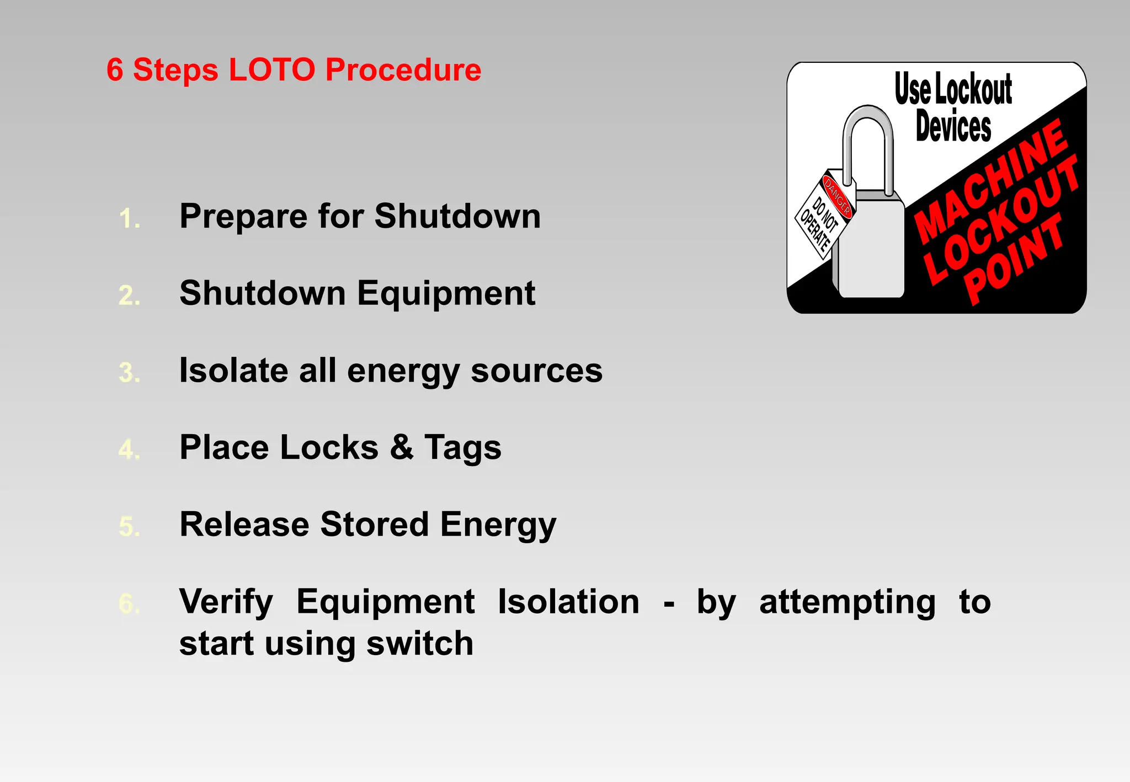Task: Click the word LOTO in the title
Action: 271,70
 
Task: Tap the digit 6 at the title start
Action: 114,70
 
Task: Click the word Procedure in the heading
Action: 403,70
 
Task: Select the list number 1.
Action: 129,219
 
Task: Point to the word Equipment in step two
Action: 446,293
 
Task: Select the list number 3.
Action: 129,373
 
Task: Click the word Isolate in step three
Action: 233,370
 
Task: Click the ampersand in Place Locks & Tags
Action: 402,447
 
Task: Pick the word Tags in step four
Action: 463,447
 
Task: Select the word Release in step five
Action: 244,524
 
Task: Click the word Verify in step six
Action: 226,602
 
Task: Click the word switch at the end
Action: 420,644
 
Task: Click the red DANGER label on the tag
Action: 838,196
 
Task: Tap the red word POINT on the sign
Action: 1014,260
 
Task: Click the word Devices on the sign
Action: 953,127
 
